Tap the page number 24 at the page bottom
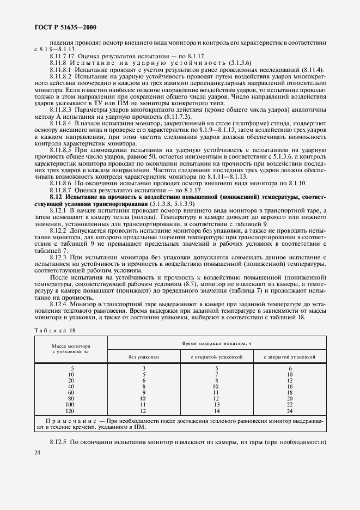(x=38, y=453)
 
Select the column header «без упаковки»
(x=144, y=356)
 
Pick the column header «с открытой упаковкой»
(x=216, y=356)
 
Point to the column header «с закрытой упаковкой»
(x=289, y=356)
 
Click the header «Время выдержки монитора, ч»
(x=217, y=343)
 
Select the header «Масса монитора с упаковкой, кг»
(x=71, y=349)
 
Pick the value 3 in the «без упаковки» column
(x=144, y=369)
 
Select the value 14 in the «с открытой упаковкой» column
(x=216, y=410)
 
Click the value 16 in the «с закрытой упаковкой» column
(x=290, y=386)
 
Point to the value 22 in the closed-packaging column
(x=290, y=404)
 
